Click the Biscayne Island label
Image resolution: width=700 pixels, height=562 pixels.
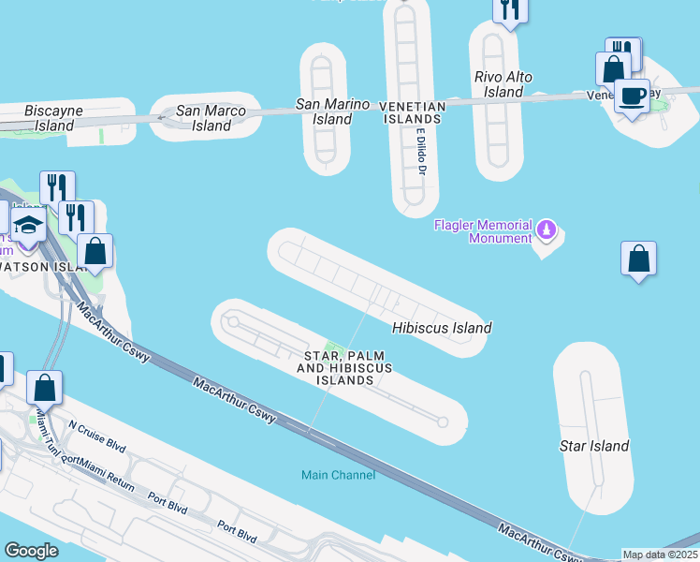pos(54,117)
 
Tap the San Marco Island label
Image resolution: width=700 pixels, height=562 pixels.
pos(211,118)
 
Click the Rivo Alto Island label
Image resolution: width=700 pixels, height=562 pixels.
pos(503,84)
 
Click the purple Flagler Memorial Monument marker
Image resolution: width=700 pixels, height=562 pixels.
pos(547,229)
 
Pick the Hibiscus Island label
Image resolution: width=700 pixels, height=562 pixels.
pos(441,328)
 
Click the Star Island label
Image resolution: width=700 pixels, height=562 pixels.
pos(594,446)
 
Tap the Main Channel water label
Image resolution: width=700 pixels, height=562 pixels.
pos(338,475)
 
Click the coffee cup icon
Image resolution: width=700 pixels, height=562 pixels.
pos(632,96)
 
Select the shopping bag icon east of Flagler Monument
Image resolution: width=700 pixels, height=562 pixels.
pos(638,259)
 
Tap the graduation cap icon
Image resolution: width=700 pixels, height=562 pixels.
pos(28,225)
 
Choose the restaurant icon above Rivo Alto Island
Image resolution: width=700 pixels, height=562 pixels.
pos(510,9)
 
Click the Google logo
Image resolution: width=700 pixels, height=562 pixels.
pos(32,551)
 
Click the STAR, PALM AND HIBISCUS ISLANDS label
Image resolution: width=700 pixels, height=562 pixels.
pos(344,368)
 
